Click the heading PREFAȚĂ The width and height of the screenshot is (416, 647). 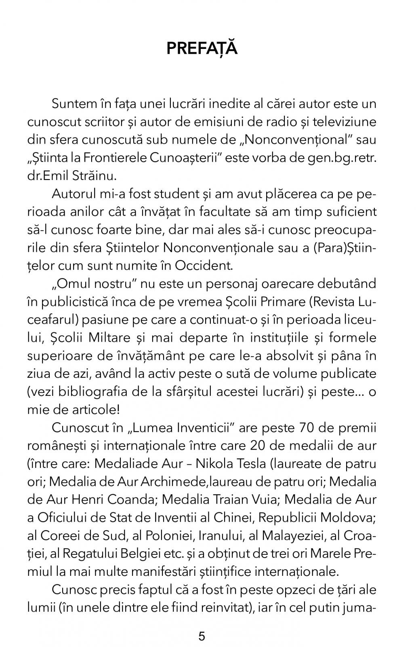[x=202, y=48]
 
